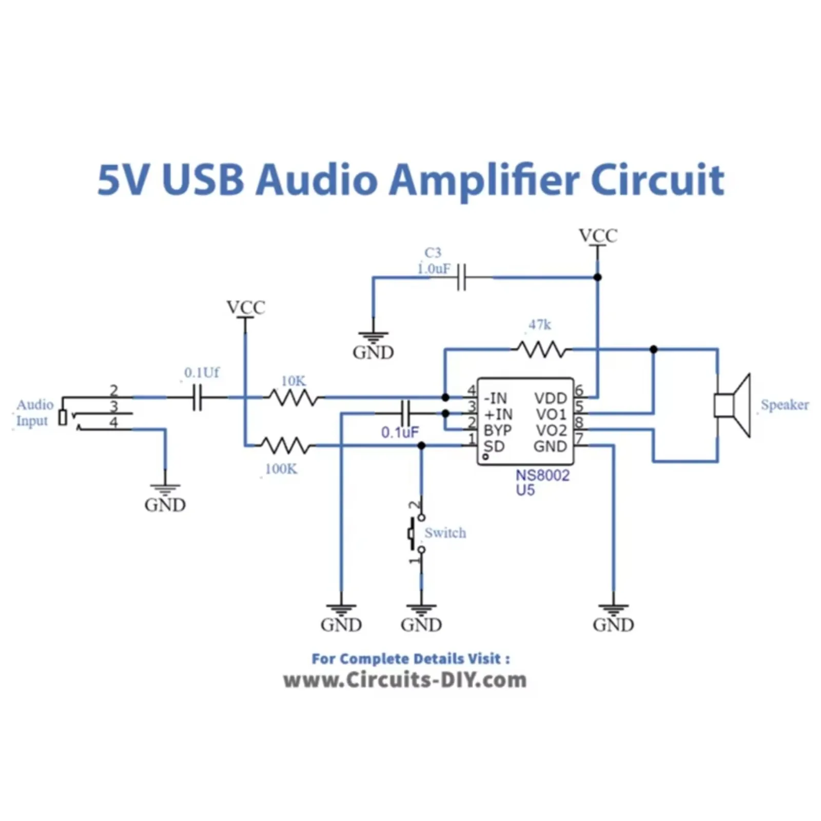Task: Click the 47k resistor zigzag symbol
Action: (542, 350)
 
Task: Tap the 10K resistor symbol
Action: (294, 398)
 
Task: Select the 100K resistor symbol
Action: (285, 445)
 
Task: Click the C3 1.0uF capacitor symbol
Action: (461, 278)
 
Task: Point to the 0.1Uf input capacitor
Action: (198, 398)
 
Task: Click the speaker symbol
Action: (733, 405)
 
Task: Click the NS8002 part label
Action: (542, 475)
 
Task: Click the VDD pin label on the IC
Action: (550, 398)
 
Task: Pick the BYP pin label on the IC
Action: (497, 430)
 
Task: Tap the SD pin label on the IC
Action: (494, 446)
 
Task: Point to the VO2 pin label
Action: (551, 430)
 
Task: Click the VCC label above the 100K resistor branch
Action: (246, 307)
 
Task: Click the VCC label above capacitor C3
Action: (598, 236)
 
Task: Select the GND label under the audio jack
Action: (165, 505)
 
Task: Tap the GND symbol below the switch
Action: (421, 611)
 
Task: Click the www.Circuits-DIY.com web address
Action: (405, 680)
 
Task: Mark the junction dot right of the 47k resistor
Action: (653, 349)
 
